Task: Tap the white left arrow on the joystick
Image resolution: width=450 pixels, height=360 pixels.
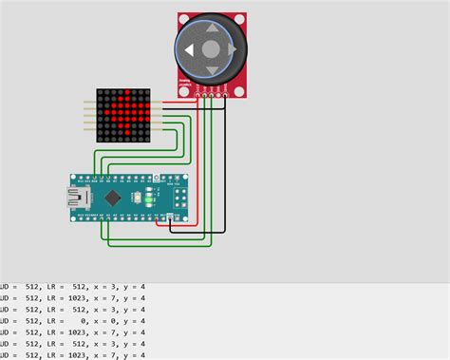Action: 191,49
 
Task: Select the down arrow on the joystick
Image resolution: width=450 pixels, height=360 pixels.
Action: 212,68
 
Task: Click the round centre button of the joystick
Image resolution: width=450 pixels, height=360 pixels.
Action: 212,49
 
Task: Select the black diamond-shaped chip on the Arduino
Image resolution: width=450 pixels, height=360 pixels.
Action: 113,199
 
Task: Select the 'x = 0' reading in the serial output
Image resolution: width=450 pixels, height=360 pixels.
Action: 117,321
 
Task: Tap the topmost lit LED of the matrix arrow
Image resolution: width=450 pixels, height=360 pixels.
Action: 123,95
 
